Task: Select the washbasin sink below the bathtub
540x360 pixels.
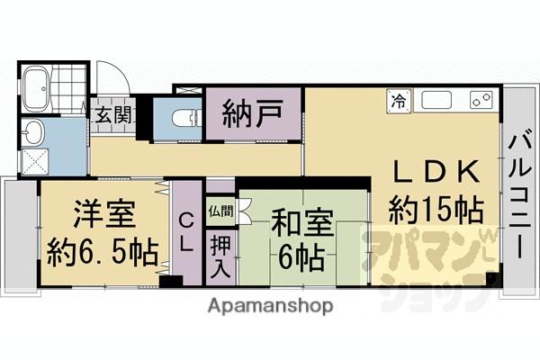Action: tap(35, 134)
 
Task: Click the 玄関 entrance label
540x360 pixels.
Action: tap(113, 115)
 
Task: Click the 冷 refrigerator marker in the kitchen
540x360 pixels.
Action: tap(396, 102)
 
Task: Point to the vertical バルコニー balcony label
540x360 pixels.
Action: tap(519, 193)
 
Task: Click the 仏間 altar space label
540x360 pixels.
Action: tap(220, 212)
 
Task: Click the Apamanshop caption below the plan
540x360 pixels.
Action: tap(270, 305)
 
